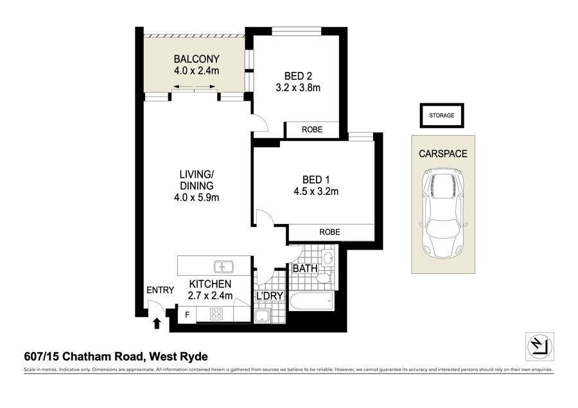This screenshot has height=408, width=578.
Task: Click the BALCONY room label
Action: tap(197, 59)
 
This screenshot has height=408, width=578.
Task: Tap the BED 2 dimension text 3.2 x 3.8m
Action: tap(298, 88)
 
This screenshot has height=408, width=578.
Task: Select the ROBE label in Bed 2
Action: tap(312, 130)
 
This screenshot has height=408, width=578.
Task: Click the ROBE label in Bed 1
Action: tap(329, 232)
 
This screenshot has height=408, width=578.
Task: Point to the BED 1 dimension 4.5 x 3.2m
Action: tap(316, 191)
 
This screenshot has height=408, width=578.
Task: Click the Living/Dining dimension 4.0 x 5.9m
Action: tap(197, 198)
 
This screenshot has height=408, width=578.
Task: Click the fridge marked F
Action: tap(187, 315)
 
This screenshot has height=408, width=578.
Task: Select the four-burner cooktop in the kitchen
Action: tap(216, 314)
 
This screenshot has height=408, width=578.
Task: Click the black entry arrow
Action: tap(157, 323)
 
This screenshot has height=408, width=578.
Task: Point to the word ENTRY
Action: tap(160, 290)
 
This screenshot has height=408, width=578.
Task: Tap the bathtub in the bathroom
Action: tap(311, 301)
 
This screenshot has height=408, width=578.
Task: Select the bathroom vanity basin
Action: tap(328, 258)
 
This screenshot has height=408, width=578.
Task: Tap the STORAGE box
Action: tap(442, 115)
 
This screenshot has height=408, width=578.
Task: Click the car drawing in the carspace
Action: tap(442, 213)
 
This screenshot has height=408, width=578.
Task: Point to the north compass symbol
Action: tap(539, 346)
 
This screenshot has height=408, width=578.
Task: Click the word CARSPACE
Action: tap(442, 153)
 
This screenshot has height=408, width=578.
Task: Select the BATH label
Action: tap(305, 268)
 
